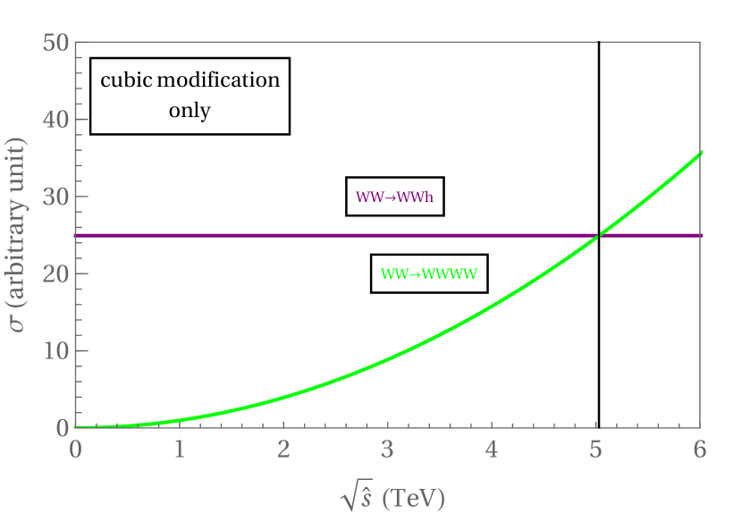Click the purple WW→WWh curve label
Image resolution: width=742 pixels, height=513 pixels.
tap(394, 197)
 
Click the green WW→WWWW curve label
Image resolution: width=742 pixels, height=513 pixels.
tap(429, 273)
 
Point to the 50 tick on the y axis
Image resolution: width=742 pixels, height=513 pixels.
tap(56, 42)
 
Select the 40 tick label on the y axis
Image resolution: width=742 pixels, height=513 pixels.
tap(56, 119)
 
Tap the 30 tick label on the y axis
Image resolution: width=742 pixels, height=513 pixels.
tap(56, 197)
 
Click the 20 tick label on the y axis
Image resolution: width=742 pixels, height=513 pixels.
tap(56, 273)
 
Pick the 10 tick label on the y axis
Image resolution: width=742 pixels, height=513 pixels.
tap(56, 350)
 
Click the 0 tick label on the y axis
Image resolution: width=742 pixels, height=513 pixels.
tap(63, 428)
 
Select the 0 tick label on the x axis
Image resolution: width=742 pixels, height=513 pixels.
tap(76, 449)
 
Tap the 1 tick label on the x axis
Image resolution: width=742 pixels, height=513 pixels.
tap(180, 449)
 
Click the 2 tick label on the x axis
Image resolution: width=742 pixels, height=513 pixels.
tap(283, 449)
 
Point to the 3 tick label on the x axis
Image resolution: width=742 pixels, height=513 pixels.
tap(388, 449)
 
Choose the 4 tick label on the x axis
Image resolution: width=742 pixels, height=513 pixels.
tap(492, 449)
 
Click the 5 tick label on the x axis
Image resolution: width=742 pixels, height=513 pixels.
tap(596, 449)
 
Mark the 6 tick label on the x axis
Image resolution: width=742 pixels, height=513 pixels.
tap(700, 449)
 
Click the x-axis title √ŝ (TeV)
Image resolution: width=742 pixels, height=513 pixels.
tap(392, 496)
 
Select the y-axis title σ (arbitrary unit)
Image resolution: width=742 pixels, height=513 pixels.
tap(19, 234)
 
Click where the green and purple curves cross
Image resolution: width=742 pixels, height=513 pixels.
tap(597, 235)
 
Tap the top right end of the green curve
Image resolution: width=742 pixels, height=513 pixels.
tap(701, 153)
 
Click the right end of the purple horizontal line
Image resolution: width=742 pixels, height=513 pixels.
tap(701, 235)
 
